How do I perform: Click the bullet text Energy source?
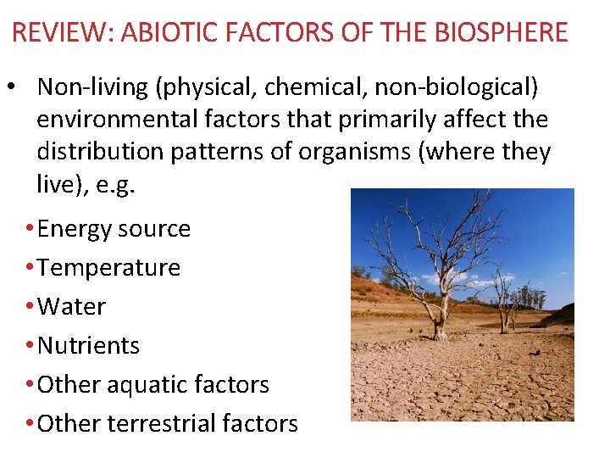(114, 229)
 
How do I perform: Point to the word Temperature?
(109, 268)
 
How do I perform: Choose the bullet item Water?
(72, 307)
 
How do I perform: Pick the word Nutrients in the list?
(89, 346)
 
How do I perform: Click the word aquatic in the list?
(147, 385)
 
